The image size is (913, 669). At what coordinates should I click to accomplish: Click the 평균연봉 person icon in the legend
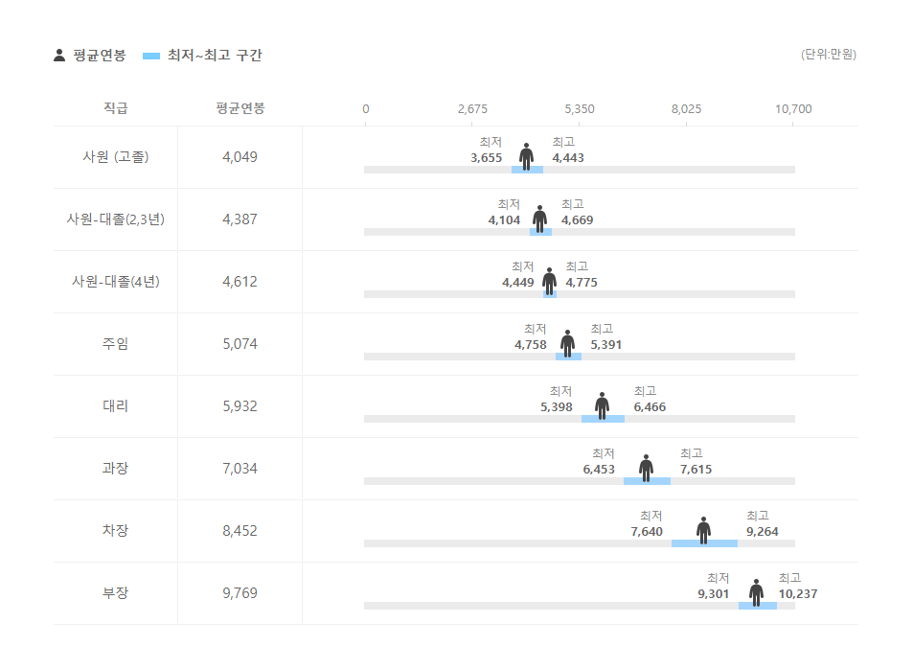(59, 56)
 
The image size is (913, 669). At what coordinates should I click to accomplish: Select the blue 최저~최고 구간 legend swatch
(151, 56)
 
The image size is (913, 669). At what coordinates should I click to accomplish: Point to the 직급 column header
(115, 108)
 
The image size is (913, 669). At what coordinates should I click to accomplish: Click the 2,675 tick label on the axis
(472, 108)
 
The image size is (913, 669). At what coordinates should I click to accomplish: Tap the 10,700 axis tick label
(793, 108)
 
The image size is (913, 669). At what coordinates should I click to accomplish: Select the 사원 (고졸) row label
(115, 156)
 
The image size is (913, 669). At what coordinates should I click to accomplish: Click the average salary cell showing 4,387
(240, 219)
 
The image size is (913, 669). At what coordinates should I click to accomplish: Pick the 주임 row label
(115, 343)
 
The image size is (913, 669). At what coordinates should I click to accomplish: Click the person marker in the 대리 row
(602, 405)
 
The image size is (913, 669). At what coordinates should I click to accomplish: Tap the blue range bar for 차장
(704, 543)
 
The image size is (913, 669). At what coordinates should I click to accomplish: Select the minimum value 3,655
(487, 158)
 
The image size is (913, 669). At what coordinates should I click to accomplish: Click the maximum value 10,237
(798, 594)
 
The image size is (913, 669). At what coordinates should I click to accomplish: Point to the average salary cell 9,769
(240, 592)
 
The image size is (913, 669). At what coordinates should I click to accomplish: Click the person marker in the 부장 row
(757, 592)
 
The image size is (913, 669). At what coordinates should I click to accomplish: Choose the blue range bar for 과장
(647, 481)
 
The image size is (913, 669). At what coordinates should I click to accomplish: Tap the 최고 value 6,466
(650, 407)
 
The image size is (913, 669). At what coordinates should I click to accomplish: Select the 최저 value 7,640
(647, 532)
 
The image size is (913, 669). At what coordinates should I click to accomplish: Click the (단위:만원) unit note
(829, 55)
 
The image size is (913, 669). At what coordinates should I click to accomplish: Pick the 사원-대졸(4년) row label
(115, 281)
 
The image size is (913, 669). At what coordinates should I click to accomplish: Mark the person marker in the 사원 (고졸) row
(526, 156)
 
